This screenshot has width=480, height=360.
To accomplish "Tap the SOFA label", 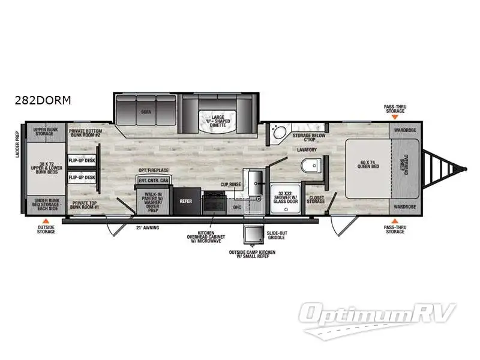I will pos(146,112).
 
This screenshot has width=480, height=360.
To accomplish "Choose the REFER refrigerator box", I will pos(185,201).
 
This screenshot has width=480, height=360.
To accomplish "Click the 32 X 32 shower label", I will pos(284,197).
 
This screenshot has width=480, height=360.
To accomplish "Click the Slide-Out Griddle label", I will pos(276,234).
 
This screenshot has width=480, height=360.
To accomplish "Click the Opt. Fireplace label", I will pos(151,171).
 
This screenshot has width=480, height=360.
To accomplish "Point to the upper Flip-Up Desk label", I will pos(82,161).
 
